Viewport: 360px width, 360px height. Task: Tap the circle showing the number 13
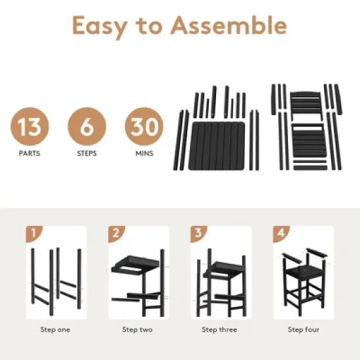[x=29, y=126]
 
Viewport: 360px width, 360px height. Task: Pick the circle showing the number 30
[x=145, y=126]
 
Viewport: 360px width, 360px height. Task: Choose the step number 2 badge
[x=116, y=233]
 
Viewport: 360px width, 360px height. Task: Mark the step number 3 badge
[x=198, y=233]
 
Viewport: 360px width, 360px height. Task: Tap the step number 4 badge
[x=280, y=233]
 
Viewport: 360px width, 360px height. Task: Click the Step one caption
[x=55, y=330]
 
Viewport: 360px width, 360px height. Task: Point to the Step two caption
[x=137, y=330]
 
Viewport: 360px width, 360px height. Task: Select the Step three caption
[x=219, y=330]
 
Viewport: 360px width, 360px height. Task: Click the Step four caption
[x=302, y=330]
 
